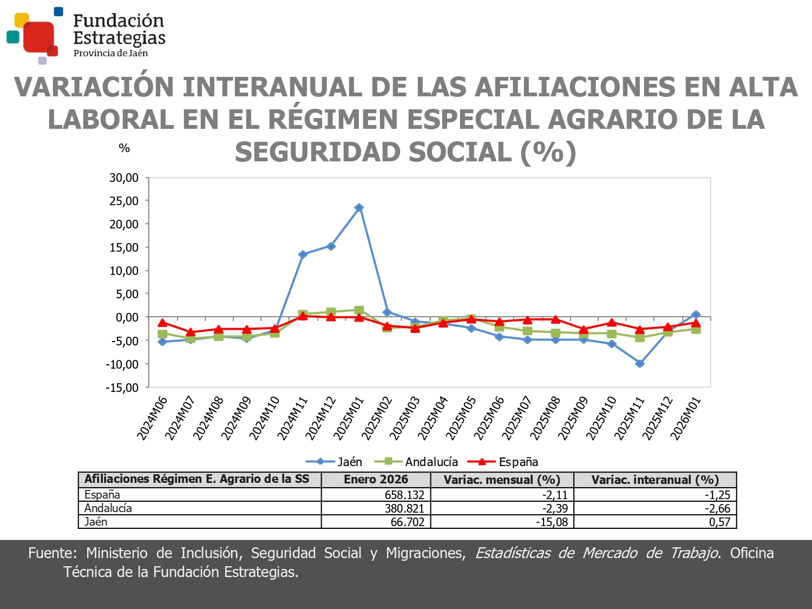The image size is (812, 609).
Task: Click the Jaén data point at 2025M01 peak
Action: coord(359,208)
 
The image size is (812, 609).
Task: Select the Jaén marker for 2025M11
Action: coord(640,364)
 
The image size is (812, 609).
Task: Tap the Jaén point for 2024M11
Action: coord(303,254)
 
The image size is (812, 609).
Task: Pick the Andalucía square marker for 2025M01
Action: coord(359,310)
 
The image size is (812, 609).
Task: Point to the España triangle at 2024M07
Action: coord(191,332)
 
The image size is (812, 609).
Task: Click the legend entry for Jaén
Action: coord(334,462)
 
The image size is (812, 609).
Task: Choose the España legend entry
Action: coord(503,462)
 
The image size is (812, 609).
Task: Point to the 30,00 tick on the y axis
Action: coord(124,178)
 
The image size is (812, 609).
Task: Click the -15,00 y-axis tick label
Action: coord(122,388)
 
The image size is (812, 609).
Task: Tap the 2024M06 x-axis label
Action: coord(152,418)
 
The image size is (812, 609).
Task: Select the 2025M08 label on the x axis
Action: coord(545,418)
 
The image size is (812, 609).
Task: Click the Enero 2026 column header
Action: coord(376,480)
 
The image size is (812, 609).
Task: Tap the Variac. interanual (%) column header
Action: coord(655,480)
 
